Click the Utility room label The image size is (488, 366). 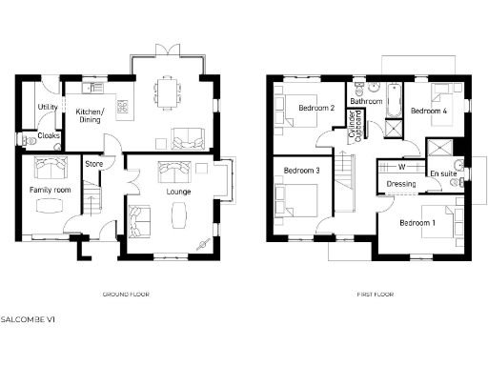[47, 106]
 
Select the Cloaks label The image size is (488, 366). [49, 135]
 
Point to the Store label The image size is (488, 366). [93, 164]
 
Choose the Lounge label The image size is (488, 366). [177, 192]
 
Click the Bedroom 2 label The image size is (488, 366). [315, 109]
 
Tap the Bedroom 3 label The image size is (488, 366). [301, 170]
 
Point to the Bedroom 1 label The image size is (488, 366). [416, 222]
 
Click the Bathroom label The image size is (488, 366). [366, 101]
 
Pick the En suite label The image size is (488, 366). [441, 174]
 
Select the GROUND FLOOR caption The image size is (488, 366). [126, 295]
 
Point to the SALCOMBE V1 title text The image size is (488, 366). [26, 317]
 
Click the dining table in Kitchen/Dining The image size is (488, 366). [168, 92]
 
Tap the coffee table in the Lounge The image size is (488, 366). [178, 217]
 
